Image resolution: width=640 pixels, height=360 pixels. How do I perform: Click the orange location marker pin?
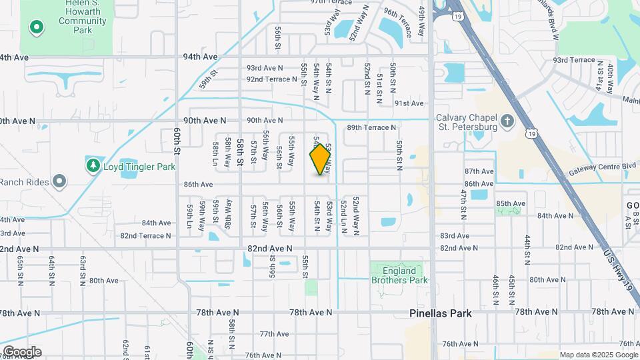[321, 159]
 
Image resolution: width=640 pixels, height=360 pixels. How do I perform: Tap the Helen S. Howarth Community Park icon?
[37, 28]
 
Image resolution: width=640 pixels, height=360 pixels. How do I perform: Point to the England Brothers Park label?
[399, 275]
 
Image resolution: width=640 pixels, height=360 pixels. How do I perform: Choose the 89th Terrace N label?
[371, 127]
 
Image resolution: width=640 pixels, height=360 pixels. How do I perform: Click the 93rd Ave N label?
[265, 68]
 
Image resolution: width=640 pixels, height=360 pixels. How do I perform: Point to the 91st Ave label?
[409, 103]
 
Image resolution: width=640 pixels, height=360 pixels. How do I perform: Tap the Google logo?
[22, 351]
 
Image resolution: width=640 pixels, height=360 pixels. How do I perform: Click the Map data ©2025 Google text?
[598, 355]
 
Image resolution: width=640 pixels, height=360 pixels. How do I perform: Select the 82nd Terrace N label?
[146, 236]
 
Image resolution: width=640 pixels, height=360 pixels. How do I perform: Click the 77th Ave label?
[274, 334]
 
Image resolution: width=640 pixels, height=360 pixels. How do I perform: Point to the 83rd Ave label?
[455, 236]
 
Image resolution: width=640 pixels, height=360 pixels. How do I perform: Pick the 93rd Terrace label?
[573, 60]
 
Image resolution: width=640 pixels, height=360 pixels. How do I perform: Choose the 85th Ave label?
[511, 203]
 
